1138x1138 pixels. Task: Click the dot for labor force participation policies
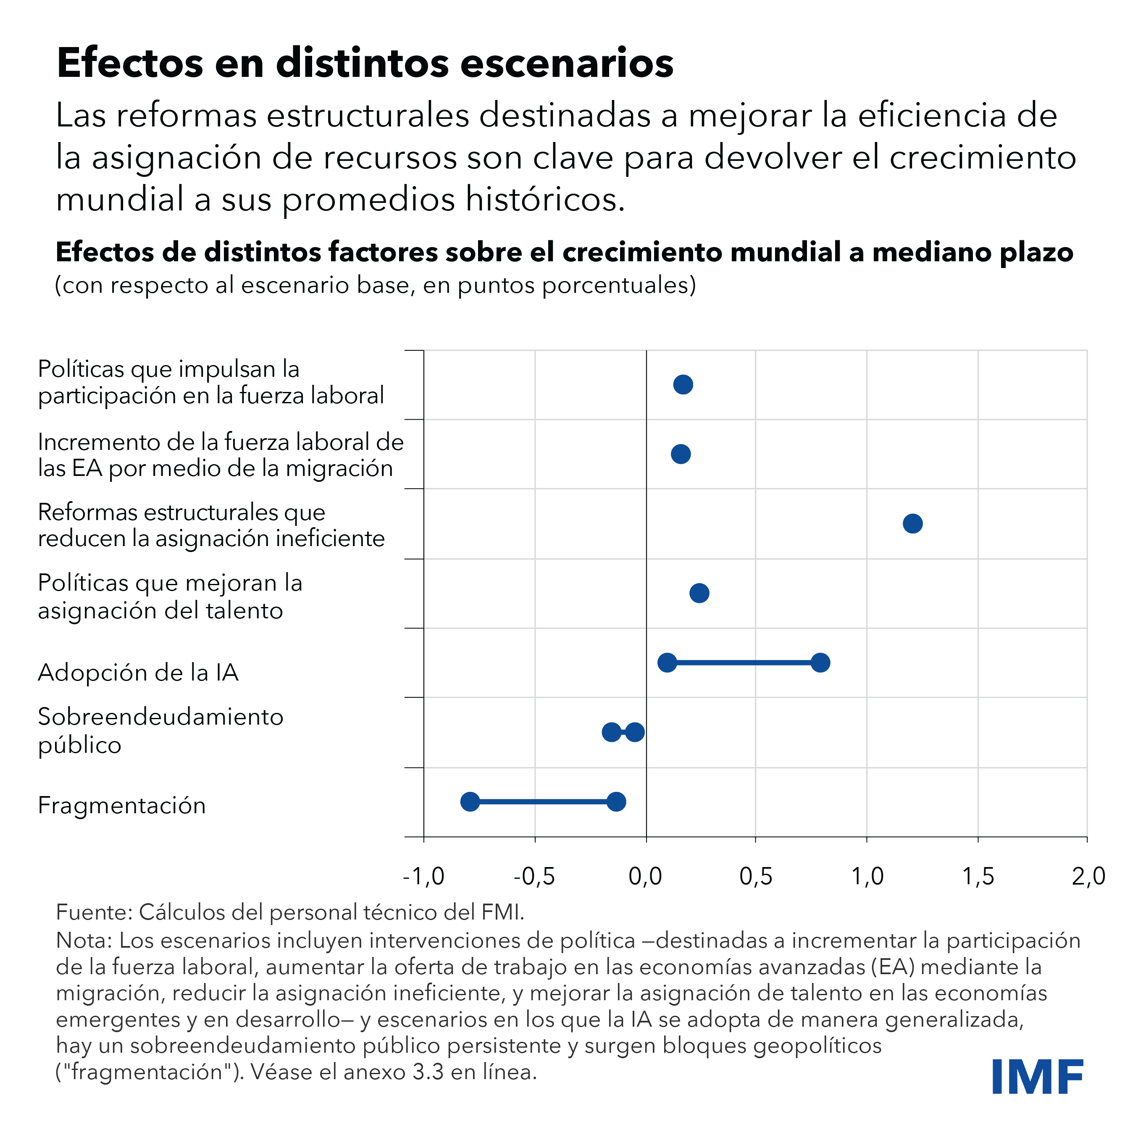683,385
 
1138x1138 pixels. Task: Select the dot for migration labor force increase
681,454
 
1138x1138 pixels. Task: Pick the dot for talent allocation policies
699,593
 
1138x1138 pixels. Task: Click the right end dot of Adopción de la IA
820,662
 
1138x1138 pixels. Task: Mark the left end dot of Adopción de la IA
667,662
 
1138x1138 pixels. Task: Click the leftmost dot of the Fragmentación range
470,802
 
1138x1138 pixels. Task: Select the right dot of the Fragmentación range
616,802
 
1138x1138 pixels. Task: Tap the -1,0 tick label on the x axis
423,876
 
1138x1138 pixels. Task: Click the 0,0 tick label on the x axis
646,876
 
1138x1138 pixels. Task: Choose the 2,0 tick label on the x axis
1088,876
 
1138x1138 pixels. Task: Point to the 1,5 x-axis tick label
978,876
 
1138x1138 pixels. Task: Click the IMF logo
1037,1077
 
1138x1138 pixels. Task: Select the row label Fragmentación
122,805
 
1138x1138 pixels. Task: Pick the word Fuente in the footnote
93,912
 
